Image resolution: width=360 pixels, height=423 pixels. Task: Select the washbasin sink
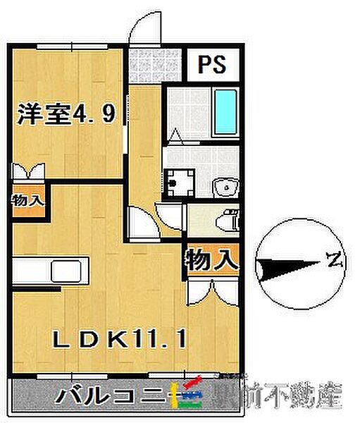tap(225, 187)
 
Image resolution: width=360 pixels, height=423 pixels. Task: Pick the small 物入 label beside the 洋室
tap(27, 200)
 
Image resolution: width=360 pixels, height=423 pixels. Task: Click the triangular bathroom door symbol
tap(176, 134)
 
